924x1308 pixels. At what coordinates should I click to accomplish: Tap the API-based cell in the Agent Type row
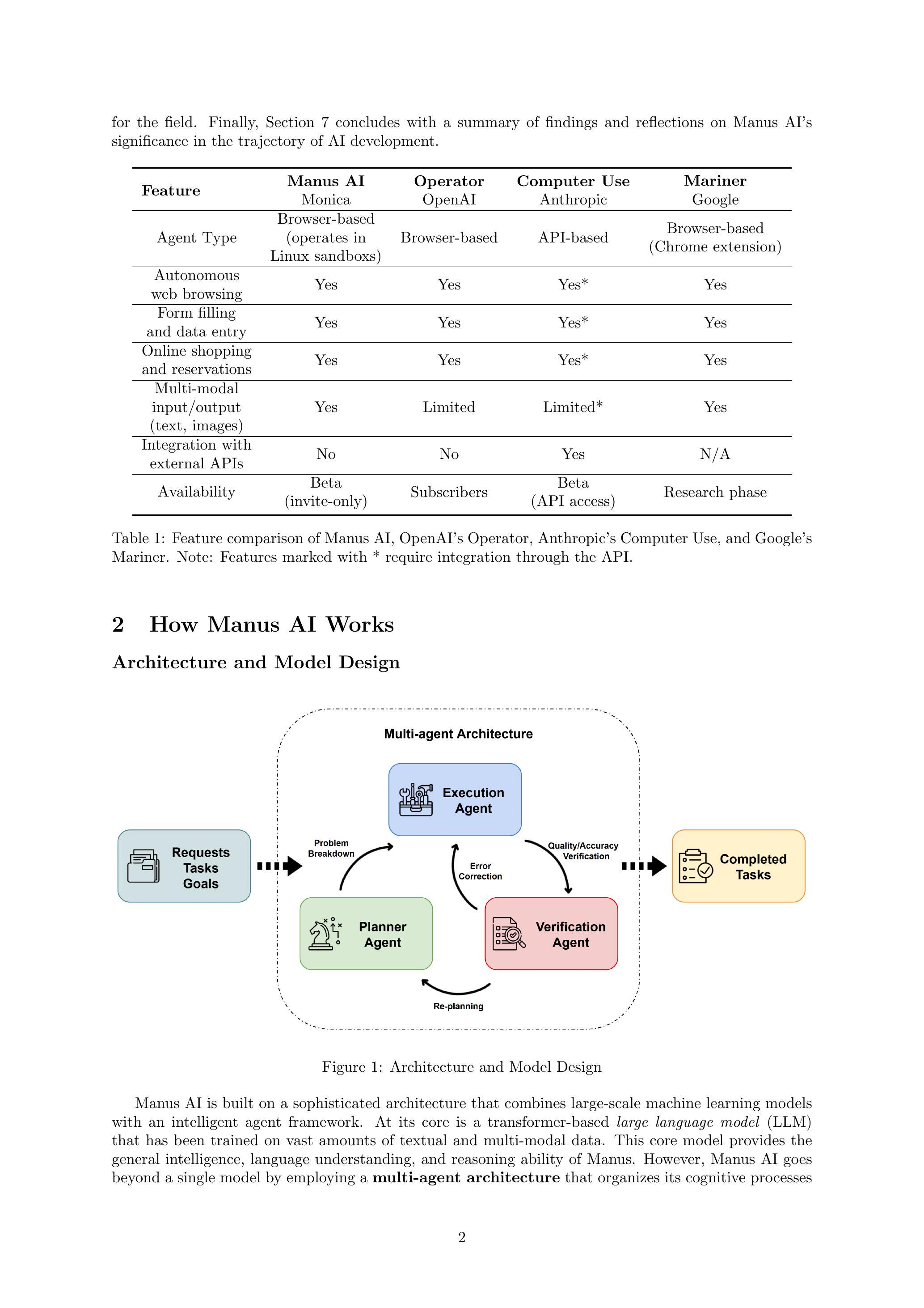click(x=573, y=238)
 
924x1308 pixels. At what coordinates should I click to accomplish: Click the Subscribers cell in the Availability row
click(x=449, y=492)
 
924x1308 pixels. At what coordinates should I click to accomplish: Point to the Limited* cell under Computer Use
click(x=573, y=408)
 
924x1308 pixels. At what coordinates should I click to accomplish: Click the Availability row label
click(x=196, y=492)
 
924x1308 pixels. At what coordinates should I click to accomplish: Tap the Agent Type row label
click(x=196, y=238)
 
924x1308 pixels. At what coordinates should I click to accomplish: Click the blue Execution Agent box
click(x=455, y=800)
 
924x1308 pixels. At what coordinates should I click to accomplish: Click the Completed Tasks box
click(x=738, y=866)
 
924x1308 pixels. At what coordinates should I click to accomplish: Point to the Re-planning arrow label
click(x=458, y=1006)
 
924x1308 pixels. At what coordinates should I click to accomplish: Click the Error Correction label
click(x=480, y=871)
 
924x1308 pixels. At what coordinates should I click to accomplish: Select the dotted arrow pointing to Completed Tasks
click(x=643, y=866)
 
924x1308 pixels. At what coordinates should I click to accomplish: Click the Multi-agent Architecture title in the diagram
click(x=458, y=734)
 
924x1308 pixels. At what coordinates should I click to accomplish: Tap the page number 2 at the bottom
click(x=462, y=1237)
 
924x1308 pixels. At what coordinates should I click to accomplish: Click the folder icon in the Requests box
click(x=143, y=866)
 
